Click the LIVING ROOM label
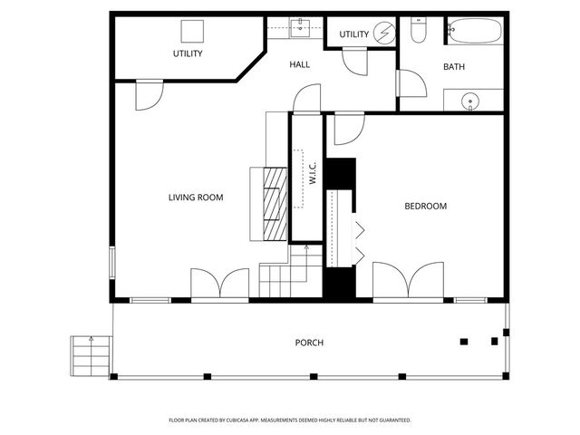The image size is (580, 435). coord(196,198)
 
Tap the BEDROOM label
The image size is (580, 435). coord(425,207)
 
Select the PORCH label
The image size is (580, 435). coord(309,343)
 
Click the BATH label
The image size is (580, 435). coord(453,67)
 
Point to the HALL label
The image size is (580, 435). coord(300,65)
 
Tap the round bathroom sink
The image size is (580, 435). coord(469,101)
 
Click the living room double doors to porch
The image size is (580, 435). coord(219,283)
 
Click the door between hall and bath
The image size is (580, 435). coord(411,82)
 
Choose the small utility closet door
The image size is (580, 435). coord(353,63)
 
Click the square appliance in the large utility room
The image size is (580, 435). coord(191,31)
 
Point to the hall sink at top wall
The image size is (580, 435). coord(301,27)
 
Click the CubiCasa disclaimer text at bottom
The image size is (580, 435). coord(290,420)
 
